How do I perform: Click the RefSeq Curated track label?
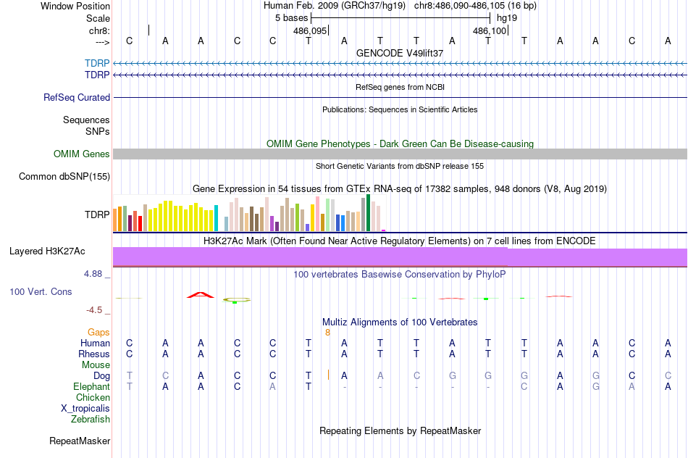[77, 97]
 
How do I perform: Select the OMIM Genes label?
[82, 154]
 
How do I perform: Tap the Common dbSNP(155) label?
[64, 176]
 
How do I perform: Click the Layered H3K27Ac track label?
[47, 251]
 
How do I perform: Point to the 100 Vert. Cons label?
[41, 291]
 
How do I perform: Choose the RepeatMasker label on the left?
[80, 441]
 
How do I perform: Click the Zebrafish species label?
[91, 419]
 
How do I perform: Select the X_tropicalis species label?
[85, 408]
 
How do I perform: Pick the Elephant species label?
[91, 387]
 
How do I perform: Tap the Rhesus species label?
[94, 354]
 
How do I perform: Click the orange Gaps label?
[98, 332]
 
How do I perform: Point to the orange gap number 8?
[327, 332]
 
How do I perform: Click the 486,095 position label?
[310, 31]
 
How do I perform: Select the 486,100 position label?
[490, 31]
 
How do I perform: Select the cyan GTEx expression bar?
[217, 218]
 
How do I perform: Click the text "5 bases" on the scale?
[291, 17]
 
